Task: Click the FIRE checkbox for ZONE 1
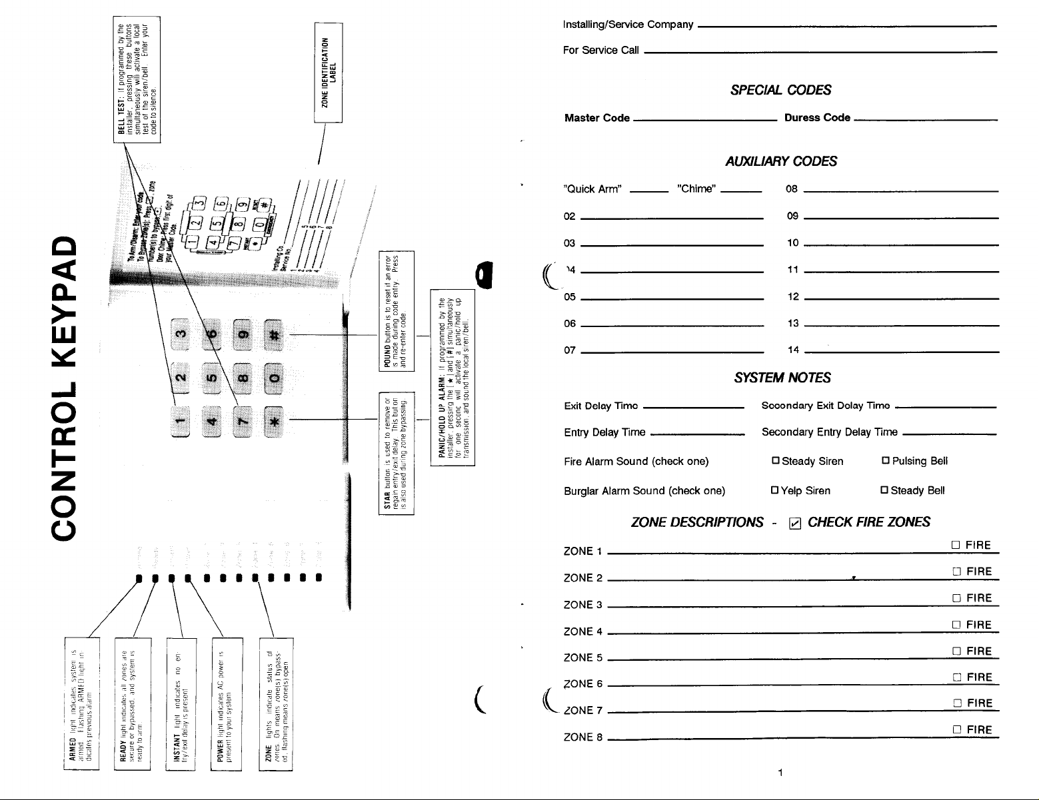[956, 546]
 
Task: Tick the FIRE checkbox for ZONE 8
[956, 730]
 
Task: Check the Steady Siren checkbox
[775, 462]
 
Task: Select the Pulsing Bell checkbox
[886, 462]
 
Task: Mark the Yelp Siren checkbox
[774, 491]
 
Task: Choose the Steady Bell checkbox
[884, 491]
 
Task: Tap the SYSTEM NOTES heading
[782, 378]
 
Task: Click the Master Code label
[596, 118]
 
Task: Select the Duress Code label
[817, 118]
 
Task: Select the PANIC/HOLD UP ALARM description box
[453, 378]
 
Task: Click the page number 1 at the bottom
[780, 773]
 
